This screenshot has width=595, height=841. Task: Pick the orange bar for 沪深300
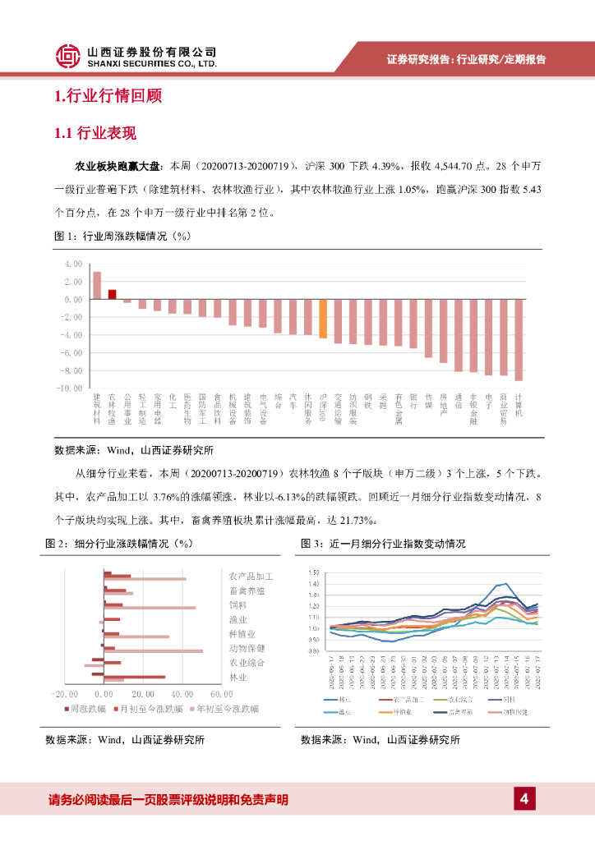point(323,319)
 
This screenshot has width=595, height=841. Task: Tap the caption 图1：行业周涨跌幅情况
point(122,237)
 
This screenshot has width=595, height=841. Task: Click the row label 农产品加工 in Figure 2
point(251,577)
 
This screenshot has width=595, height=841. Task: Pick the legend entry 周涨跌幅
point(85,708)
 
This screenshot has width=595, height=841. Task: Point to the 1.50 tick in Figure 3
point(313,572)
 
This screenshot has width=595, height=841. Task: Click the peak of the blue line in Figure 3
point(503,583)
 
